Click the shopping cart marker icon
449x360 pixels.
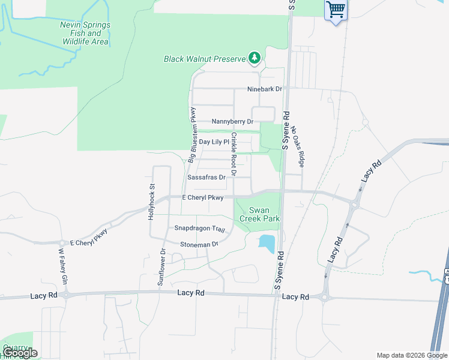click(336, 10)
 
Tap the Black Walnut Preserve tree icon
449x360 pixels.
click(255, 58)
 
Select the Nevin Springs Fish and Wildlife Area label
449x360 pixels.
click(85, 34)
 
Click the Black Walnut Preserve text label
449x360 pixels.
click(205, 59)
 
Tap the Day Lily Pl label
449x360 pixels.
click(214, 142)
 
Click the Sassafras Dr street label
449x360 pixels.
click(206, 178)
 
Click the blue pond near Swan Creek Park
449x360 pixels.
click(267, 243)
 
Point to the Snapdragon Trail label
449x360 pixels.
click(199, 229)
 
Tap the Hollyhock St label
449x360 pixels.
click(152, 202)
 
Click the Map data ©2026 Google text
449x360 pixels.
click(411, 355)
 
